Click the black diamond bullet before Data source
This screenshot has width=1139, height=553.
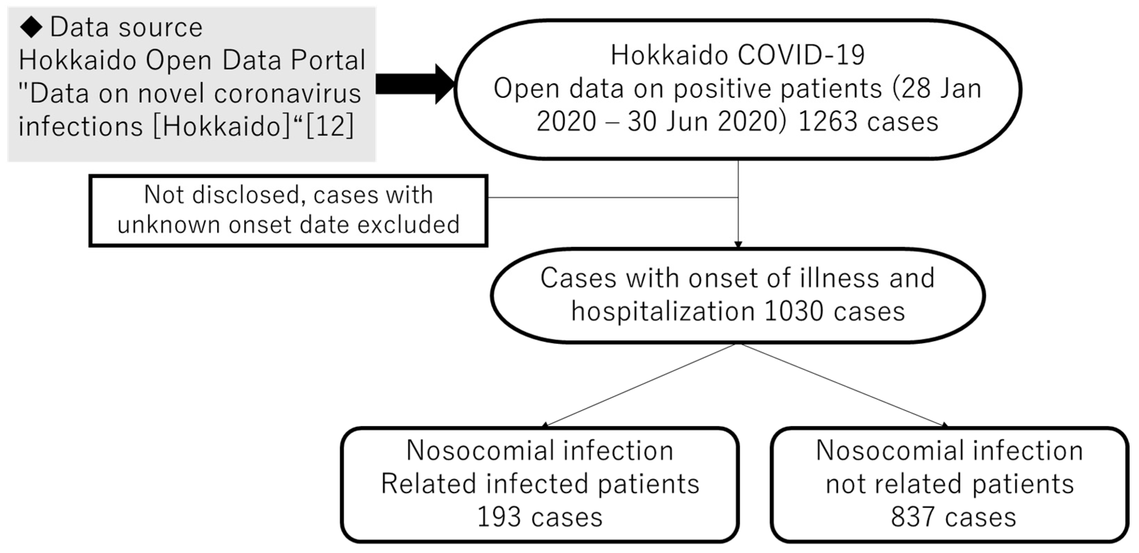click(31, 28)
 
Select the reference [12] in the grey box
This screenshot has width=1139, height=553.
click(329, 126)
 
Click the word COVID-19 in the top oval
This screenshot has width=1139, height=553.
click(801, 55)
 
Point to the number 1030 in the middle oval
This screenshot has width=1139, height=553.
click(793, 311)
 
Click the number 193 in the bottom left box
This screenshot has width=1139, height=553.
click(499, 517)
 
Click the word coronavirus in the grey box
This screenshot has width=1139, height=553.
click(287, 93)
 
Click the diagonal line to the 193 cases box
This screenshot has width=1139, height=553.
click(641, 385)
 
